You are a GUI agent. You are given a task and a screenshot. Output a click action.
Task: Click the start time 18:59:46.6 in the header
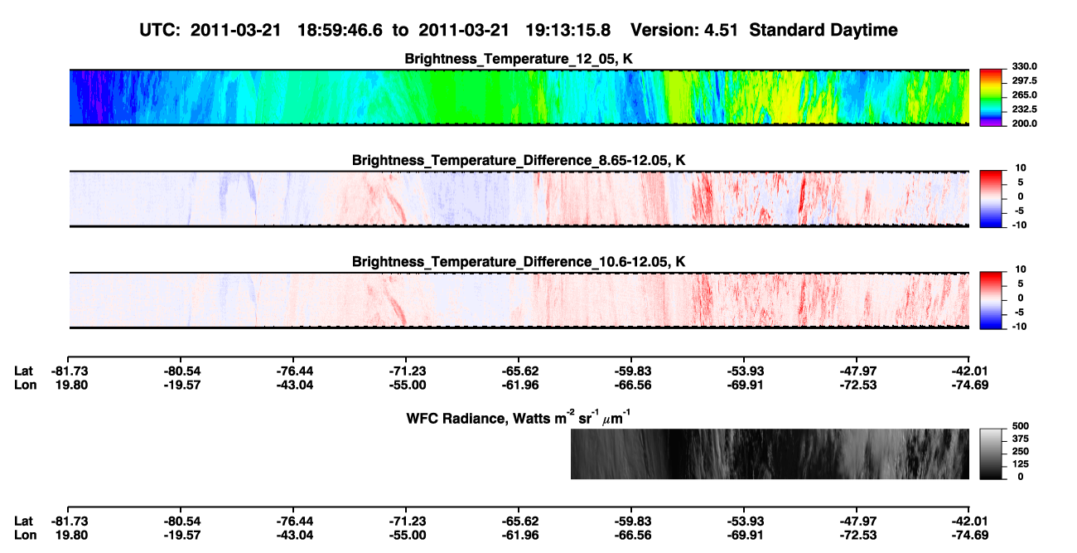(x=340, y=31)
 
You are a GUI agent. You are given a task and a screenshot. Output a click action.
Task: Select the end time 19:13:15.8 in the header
(x=567, y=31)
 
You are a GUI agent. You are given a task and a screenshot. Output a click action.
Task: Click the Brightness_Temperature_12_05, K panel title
(x=519, y=59)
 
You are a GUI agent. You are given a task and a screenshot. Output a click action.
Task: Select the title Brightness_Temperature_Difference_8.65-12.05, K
(x=519, y=160)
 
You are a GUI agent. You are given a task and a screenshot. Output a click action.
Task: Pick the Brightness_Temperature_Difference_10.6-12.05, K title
(x=519, y=262)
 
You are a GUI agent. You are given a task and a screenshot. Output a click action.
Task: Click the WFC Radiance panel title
(x=519, y=418)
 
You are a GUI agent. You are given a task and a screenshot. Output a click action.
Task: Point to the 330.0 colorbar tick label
(x=1024, y=66)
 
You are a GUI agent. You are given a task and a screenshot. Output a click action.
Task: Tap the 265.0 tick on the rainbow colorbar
(x=1024, y=95)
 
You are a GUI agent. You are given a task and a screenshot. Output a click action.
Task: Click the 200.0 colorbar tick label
(x=1024, y=124)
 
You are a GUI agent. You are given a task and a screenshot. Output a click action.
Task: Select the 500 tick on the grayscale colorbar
(x=1021, y=426)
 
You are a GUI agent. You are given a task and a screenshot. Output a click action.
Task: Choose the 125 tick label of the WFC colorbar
(x=1021, y=464)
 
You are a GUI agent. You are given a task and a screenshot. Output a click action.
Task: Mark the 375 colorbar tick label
(x=1021, y=439)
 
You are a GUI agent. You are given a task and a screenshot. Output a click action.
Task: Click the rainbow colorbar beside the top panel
(x=991, y=98)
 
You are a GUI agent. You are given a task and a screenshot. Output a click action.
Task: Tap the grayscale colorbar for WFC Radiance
(x=991, y=454)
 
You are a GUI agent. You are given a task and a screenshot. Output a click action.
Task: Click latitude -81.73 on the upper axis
(x=70, y=371)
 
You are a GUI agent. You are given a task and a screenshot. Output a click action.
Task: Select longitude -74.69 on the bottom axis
(x=970, y=536)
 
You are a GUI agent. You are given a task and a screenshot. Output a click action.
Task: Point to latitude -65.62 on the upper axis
(x=520, y=371)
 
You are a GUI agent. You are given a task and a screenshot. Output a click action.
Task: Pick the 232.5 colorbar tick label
(x=1024, y=109)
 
